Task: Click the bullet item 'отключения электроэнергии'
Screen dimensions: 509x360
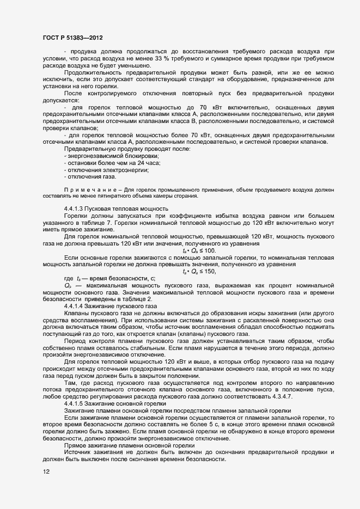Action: pos(103,170)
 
